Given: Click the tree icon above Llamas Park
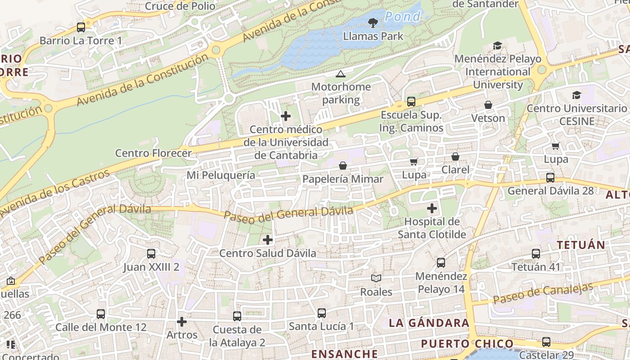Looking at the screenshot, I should (373, 22).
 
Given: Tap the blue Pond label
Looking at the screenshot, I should (403, 17).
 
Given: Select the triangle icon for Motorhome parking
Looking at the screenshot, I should (341, 74).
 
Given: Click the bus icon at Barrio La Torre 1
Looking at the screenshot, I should (81, 27).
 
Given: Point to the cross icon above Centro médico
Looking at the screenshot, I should (286, 116).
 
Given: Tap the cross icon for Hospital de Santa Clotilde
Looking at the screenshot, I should (432, 208).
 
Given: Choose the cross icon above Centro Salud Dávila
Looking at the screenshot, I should (268, 240).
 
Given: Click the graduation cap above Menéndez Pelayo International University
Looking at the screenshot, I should (497, 46).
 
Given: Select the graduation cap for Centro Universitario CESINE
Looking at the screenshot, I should (576, 95).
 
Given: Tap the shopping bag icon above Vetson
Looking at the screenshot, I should (488, 105).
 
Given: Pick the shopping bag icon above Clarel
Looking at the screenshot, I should (455, 157).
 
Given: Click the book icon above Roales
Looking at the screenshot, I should (376, 279).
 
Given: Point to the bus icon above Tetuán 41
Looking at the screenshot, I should (536, 254).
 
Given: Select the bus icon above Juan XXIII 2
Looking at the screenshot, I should (151, 254).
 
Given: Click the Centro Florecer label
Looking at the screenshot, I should (153, 153).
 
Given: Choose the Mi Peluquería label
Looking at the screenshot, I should (221, 175).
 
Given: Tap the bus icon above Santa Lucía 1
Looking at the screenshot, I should (322, 313).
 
